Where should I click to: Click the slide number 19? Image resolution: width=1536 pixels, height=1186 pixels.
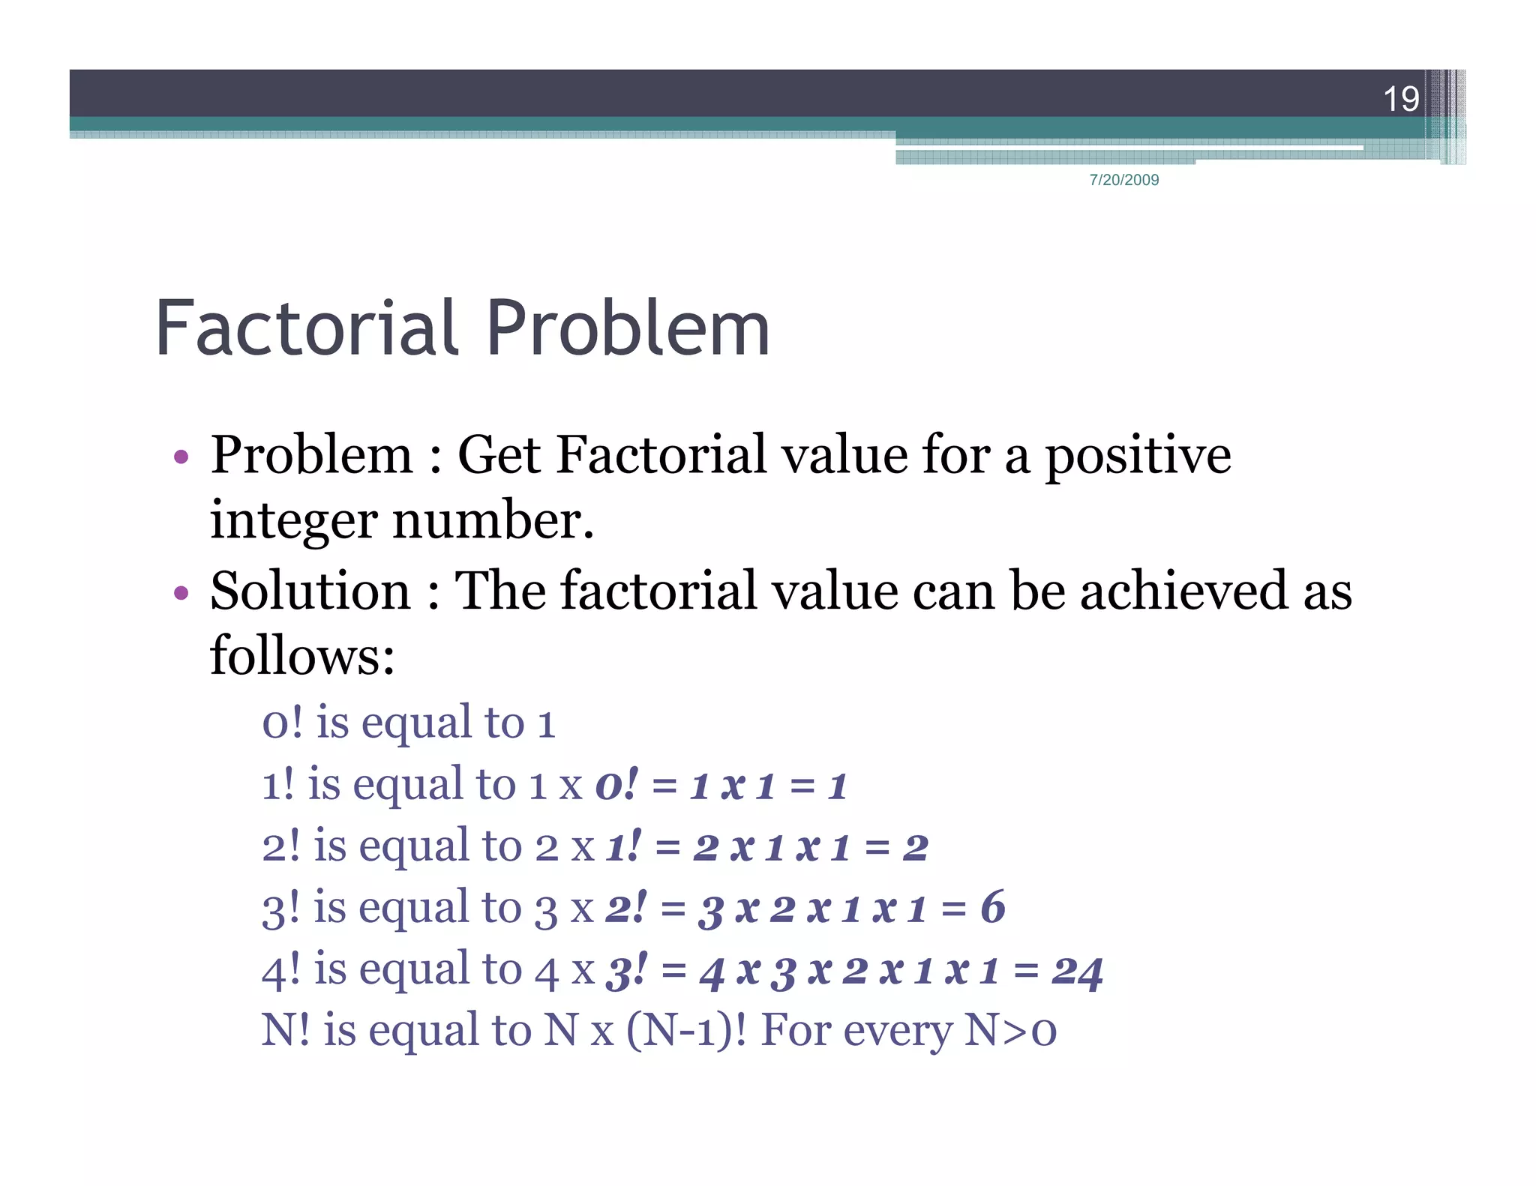click(x=1400, y=99)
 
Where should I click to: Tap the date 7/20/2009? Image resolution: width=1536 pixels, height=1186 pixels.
click(x=1123, y=180)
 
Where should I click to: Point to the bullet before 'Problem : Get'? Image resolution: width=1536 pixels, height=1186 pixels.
click(x=180, y=457)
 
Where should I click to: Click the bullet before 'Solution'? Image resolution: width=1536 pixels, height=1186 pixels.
click(x=180, y=593)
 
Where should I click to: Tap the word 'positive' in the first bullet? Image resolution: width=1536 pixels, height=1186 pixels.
click(x=1138, y=457)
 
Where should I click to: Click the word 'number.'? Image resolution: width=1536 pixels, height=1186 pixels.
click(x=493, y=520)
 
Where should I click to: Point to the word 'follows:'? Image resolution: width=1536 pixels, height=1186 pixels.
click(x=302, y=656)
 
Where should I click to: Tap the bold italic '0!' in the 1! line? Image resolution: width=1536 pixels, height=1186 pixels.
click(x=616, y=785)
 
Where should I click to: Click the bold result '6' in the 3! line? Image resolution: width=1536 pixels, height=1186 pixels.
click(x=992, y=908)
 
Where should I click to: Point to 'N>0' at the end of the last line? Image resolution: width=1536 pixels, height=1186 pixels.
click(x=1010, y=1031)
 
